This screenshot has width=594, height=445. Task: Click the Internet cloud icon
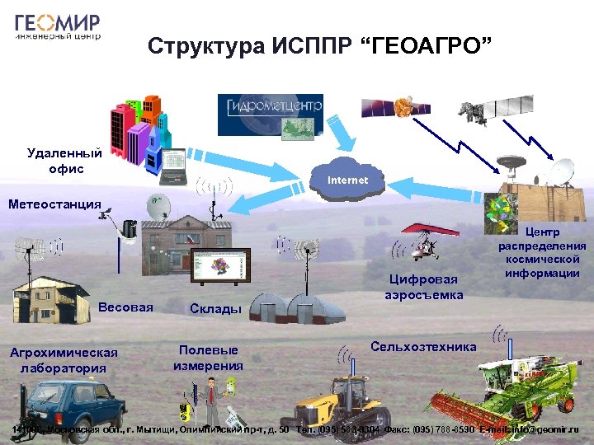click(x=347, y=180)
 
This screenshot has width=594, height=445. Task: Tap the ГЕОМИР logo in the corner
click(x=58, y=27)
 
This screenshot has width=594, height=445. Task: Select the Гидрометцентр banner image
click(x=270, y=115)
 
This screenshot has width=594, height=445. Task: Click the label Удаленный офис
click(x=64, y=161)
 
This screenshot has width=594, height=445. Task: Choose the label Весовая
click(x=125, y=307)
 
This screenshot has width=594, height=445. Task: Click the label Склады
click(x=215, y=309)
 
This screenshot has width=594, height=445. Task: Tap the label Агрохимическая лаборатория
click(x=64, y=360)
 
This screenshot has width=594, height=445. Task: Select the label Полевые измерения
click(x=209, y=358)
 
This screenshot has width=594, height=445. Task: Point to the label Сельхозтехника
click(x=423, y=347)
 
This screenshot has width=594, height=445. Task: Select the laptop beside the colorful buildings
click(x=174, y=166)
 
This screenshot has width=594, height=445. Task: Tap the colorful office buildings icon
click(x=136, y=132)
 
